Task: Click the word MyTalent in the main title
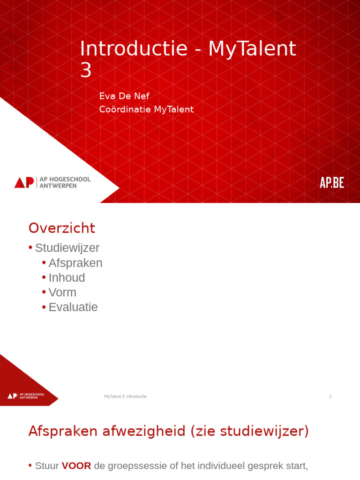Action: click(252, 49)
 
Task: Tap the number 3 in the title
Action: click(86, 71)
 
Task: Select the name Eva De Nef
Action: click(124, 96)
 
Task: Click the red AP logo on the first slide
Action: click(24, 182)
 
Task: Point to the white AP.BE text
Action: click(332, 183)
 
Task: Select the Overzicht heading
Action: click(61, 228)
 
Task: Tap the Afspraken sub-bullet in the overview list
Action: click(75, 263)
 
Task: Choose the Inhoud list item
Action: click(67, 277)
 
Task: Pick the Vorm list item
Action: click(62, 292)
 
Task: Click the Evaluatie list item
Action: click(73, 307)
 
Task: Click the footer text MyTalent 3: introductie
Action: click(125, 397)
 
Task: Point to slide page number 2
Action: click(330, 397)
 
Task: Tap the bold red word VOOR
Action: click(76, 466)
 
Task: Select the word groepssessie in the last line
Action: click(135, 466)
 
